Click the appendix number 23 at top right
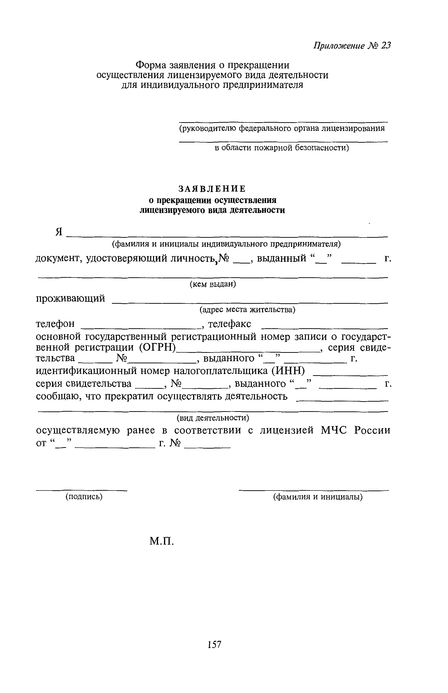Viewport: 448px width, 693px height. tap(386, 46)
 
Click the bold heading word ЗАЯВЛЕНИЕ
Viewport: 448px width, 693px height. tap(212, 189)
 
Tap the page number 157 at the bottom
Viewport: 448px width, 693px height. tap(215, 644)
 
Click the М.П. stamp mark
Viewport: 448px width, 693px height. tap(162, 541)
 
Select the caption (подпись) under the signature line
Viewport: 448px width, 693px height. tap(84, 496)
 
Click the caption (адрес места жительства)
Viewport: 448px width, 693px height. tap(247, 310)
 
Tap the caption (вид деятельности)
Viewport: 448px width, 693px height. tap(213, 418)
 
